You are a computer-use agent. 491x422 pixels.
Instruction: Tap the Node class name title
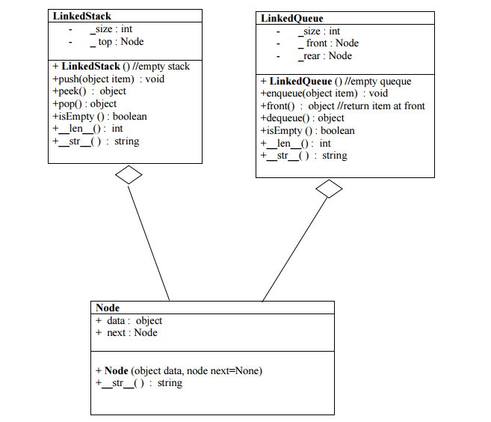[108, 308]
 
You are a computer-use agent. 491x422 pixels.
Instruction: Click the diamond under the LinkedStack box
[129, 174]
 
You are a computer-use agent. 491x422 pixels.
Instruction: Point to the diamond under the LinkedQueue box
[329, 189]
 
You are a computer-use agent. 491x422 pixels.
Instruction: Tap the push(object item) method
[108, 79]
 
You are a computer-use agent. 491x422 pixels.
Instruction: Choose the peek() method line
[89, 91]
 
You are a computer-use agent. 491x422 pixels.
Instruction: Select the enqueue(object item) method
[324, 94]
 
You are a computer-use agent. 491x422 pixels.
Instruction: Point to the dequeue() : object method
[302, 118]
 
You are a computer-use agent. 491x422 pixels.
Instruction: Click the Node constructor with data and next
[179, 370]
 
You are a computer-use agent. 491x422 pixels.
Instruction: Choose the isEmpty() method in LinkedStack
[99, 116]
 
